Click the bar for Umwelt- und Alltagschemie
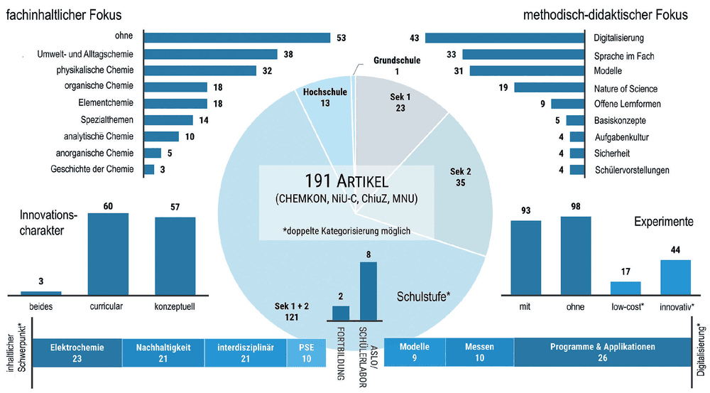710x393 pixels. point(211,55)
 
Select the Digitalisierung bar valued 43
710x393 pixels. point(505,38)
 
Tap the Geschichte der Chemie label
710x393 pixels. point(92,169)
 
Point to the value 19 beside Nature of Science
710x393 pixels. point(503,87)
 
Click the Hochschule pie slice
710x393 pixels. point(325,107)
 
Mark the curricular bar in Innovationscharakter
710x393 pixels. point(108,254)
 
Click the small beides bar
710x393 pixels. point(40,294)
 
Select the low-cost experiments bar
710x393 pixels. point(626,289)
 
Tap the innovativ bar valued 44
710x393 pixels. point(675,277)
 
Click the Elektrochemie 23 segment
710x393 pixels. point(77,352)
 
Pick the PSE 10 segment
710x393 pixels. point(306,352)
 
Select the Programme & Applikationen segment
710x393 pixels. point(602,352)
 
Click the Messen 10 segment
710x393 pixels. point(479,352)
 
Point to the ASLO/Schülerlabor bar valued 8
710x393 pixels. point(368,291)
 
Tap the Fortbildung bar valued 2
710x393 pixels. point(341,313)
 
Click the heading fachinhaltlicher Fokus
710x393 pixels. point(63,15)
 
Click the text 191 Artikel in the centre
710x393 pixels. point(346,182)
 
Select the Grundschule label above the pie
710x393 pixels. point(397,60)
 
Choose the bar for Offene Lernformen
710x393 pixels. point(568,104)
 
